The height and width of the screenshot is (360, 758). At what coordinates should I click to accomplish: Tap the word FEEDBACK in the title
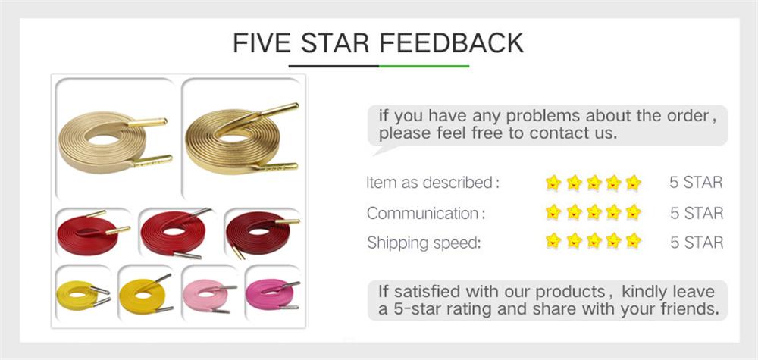[x=452, y=42]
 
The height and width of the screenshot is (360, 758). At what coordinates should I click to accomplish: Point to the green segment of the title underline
[x=424, y=67]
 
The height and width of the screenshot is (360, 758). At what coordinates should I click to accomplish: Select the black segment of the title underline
[x=334, y=67]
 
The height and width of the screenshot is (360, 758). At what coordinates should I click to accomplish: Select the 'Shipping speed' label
[x=424, y=243]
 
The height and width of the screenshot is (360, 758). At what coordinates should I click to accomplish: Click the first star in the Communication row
[x=553, y=213]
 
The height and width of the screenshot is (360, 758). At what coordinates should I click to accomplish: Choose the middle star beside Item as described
[x=594, y=183]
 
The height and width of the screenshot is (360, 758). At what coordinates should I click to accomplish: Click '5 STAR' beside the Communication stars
[x=696, y=213]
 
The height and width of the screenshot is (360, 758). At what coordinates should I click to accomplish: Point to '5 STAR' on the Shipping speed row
[x=696, y=243]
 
